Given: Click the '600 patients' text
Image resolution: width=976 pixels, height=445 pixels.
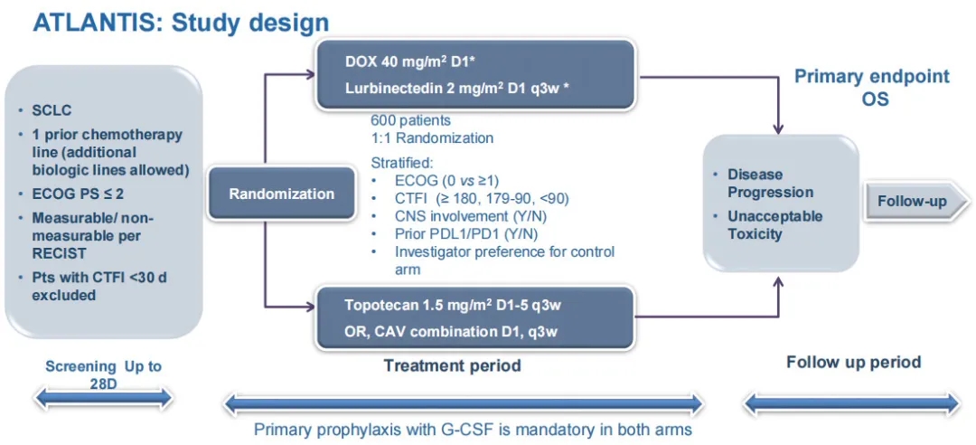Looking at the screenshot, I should (x=411, y=120).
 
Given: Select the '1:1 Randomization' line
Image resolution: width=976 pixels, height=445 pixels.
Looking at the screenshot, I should (x=432, y=138).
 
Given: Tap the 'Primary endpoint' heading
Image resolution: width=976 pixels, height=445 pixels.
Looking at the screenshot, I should (x=871, y=76).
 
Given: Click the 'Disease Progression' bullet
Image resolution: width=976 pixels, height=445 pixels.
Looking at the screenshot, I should (x=770, y=183).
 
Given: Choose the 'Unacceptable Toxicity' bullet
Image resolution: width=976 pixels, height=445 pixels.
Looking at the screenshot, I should (x=774, y=224).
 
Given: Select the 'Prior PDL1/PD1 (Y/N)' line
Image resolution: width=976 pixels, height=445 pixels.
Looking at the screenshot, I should (x=455, y=233).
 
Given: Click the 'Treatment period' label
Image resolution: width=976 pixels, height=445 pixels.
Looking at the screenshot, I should (x=452, y=365).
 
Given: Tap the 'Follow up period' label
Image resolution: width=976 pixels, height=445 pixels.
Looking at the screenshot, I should (x=853, y=363).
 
